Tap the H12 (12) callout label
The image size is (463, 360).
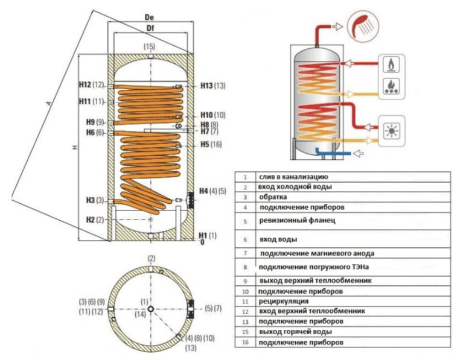pos(91,84)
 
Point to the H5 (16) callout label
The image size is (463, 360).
pos(211,145)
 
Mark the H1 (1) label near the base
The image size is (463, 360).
pos(208,234)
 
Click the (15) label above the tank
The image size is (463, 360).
pos(149,47)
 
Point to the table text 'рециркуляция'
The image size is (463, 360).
pos(284,300)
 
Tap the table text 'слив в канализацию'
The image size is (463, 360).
pos(293,177)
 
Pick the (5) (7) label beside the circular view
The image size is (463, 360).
pos(214,308)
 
